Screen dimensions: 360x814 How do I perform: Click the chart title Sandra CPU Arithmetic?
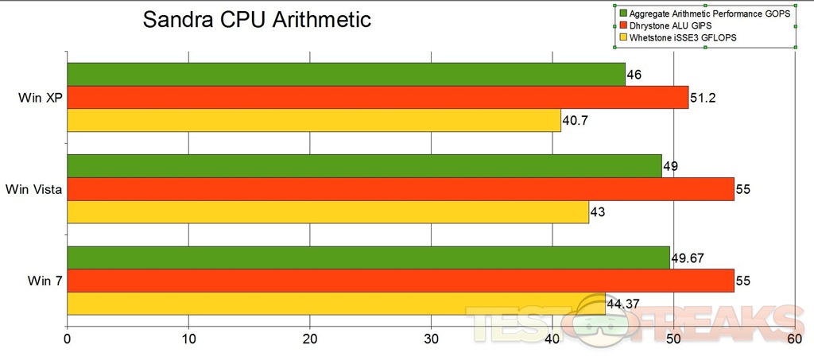tap(257, 20)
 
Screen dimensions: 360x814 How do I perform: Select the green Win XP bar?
tap(346, 74)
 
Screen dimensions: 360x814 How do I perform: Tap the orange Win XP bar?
tap(378, 97)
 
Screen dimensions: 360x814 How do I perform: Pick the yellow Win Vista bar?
tap(328, 212)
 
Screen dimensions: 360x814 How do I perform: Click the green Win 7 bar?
tap(368, 257)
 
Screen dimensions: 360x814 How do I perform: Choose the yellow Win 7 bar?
tap(336, 304)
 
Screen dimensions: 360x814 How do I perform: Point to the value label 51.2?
tap(703, 99)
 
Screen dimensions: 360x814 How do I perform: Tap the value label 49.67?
tap(689, 258)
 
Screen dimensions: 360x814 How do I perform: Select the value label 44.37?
tap(624, 304)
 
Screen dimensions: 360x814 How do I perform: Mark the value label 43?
tap(598, 213)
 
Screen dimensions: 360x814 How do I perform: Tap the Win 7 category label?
tap(43, 281)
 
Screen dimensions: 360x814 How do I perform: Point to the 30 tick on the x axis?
tap(431, 339)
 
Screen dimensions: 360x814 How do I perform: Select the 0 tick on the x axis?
tap(68, 339)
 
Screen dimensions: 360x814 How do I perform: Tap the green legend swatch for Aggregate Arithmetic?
tap(624, 14)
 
